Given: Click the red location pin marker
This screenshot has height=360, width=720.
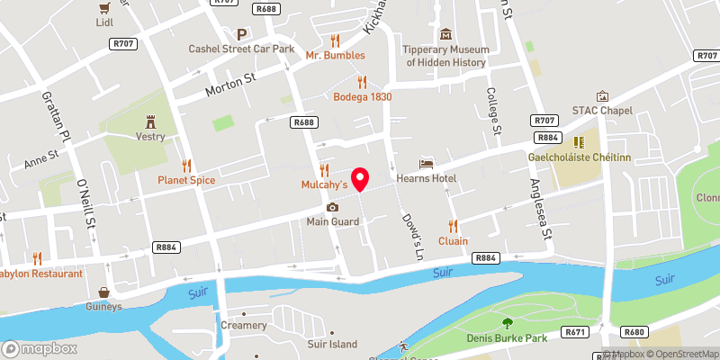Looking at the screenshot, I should click(361, 179).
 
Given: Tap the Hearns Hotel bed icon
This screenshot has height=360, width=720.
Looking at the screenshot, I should click(426, 164).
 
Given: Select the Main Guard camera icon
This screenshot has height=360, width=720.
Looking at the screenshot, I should click(332, 207).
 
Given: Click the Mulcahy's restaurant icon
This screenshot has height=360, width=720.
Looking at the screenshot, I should click(324, 169).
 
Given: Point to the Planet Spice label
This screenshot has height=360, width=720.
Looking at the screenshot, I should click(186, 180).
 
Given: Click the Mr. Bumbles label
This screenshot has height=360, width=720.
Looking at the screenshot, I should click(335, 55).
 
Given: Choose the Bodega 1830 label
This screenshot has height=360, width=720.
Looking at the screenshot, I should click(362, 96).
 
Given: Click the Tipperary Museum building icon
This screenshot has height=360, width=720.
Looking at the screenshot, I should click(446, 35).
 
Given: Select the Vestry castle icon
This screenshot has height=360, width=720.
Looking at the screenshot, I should click(150, 120).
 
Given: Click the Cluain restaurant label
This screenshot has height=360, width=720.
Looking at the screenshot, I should click(453, 240).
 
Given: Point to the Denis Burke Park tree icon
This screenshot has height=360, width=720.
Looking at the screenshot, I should click(508, 324).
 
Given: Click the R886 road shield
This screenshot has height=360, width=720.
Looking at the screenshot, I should click(485, 257).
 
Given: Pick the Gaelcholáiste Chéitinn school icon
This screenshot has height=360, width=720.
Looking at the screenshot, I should click(580, 142).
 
